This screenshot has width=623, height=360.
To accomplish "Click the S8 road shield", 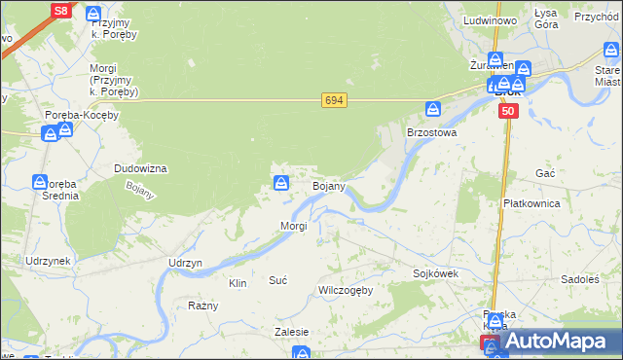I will (x=60, y=11).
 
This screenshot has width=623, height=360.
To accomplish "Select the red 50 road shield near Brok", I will (x=508, y=112).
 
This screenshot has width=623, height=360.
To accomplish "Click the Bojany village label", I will (x=328, y=186).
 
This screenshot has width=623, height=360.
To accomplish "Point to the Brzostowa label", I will (x=431, y=130).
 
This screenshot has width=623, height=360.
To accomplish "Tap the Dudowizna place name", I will (x=141, y=168).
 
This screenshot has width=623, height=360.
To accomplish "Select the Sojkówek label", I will (x=435, y=274).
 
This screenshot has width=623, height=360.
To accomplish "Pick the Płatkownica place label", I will (x=531, y=203).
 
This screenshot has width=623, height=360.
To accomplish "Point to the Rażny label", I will (x=203, y=306).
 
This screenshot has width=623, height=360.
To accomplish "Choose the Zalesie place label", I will (x=291, y=332).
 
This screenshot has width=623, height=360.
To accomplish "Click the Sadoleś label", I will (x=580, y=279).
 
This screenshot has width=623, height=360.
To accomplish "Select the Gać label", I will (x=545, y=172).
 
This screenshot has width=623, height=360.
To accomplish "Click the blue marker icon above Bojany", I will (x=281, y=182).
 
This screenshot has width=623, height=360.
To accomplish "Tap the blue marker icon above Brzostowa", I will (x=432, y=109).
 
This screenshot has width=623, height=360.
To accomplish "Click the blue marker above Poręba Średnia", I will (x=40, y=182).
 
